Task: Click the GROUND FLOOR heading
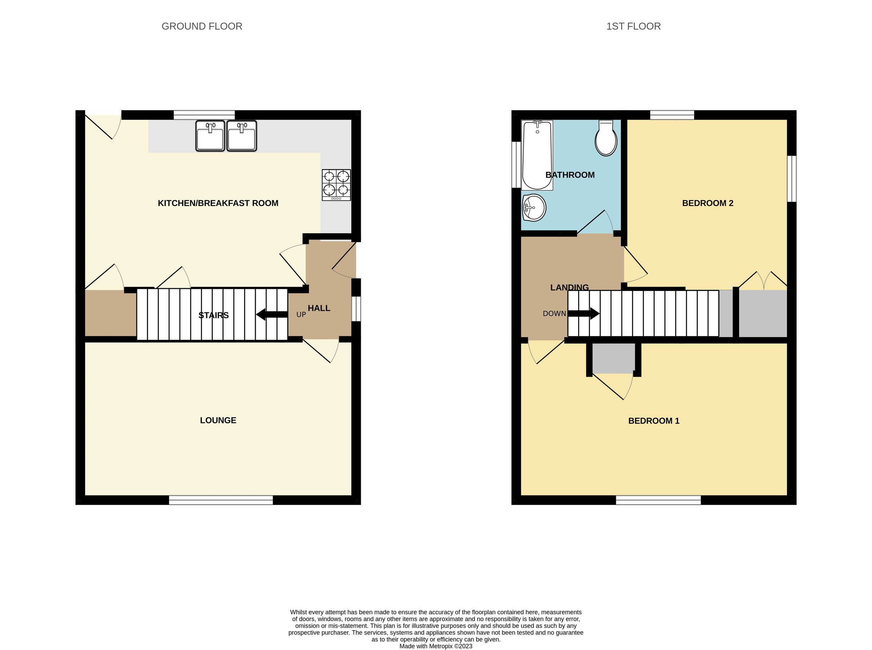pyautogui.click(x=202, y=27)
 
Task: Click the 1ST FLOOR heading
pyautogui.click(x=633, y=27)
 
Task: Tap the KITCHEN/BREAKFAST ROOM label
pyautogui.click(x=218, y=203)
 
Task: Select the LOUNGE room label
pyautogui.click(x=218, y=420)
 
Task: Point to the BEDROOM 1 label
pyautogui.click(x=654, y=421)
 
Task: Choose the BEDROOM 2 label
pyautogui.click(x=707, y=203)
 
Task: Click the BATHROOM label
pyautogui.click(x=570, y=175)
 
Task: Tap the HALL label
pyautogui.click(x=319, y=308)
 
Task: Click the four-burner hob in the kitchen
pyautogui.click(x=336, y=185)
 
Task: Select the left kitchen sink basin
pyautogui.click(x=210, y=136)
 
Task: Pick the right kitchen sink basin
pyautogui.click(x=242, y=136)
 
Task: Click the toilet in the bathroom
pyautogui.click(x=606, y=138)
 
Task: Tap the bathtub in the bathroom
pyautogui.click(x=537, y=155)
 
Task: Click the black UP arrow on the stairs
pyautogui.click(x=271, y=314)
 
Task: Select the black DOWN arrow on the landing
pyautogui.click(x=583, y=314)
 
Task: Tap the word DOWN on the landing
pyautogui.click(x=554, y=314)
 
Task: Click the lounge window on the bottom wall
pyautogui.click(x=221, y=500)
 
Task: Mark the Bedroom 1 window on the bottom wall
pyautogui.click(x=658, y=500)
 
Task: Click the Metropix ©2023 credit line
pyautogui.click(x=436, y=646)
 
